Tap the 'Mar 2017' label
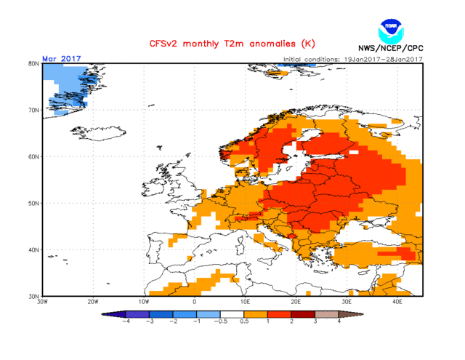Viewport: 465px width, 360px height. coord(61,58)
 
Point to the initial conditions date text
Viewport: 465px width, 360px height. coord(353,59)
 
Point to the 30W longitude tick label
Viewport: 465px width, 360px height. coord(43,301)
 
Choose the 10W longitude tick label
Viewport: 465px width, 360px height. coord(144,301)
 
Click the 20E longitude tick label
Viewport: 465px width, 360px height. coord(296,301)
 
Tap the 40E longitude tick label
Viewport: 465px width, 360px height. coord(397,301)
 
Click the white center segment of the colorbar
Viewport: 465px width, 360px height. coord(232,313)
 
